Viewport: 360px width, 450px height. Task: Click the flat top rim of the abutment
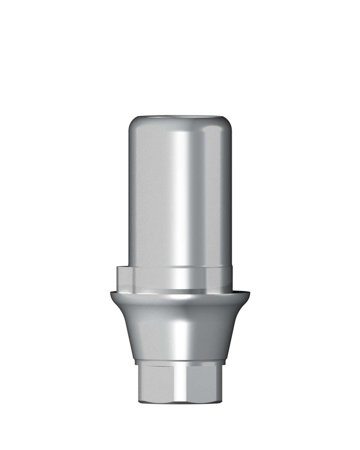[180, 117]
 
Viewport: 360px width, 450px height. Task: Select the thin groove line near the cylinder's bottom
[180, 267]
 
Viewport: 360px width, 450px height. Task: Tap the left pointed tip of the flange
[112, 293]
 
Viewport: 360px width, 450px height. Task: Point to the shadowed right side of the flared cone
[224, 330]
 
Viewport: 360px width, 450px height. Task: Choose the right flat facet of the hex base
[207, 382]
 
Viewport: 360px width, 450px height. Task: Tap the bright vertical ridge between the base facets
[180, 382]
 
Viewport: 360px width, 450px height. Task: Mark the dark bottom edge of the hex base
[180, 401]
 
